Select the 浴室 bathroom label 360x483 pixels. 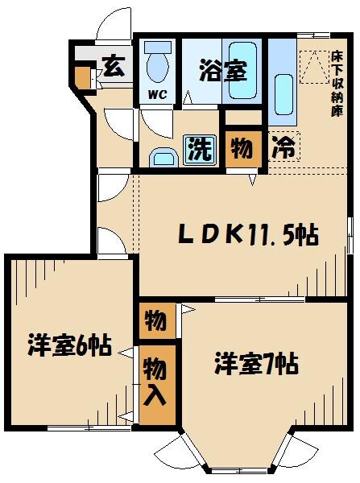(x=222, y=72)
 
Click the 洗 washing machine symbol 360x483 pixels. (x=198, y=149)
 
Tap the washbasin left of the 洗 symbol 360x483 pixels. (x=163, y=155)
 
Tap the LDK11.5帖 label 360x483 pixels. (x=246, y=236)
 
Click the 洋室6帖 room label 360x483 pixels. (x=68, y=349)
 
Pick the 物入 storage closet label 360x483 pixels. (x=155, y=383)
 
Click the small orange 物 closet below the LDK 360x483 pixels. (x=155, y=321)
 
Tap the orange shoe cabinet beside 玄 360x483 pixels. (x=84, y=76)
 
